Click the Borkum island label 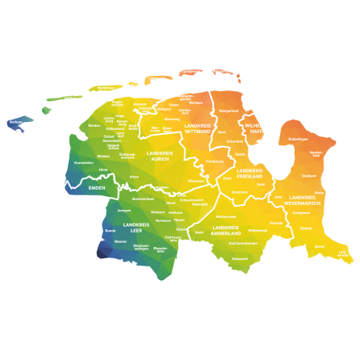15,123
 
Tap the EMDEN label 97,188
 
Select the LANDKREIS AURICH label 160,155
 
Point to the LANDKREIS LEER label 136,227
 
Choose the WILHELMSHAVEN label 257,128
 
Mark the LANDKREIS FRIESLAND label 249,173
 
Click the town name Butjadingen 299,139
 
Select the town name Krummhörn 84,162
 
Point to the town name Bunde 111,230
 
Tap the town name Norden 94,125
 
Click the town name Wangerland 229,111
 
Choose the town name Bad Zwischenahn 243,243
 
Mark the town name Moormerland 143,198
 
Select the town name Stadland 308,175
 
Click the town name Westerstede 227,216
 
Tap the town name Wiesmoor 196,181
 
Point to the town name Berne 320,246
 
